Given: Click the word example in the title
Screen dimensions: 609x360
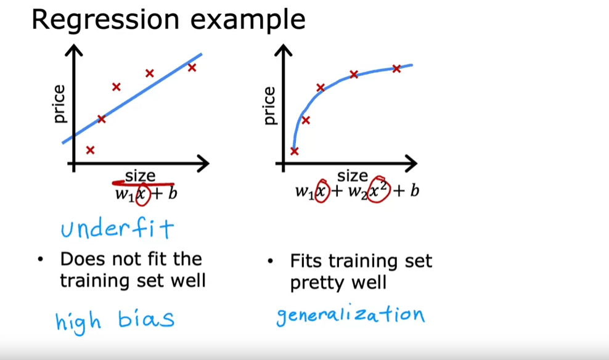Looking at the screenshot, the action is [x=248, y=20].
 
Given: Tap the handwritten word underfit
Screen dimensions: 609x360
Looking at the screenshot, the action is [x=117, y=228].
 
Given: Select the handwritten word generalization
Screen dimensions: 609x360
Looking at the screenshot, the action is [x=350, y=315].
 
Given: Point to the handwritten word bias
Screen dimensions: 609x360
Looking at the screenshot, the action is [x=146, y=319].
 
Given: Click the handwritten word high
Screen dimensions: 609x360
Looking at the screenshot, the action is [x=78, y=322].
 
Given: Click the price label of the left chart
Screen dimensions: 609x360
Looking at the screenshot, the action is [x=59, y=104].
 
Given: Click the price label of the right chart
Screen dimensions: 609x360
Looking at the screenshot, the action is [x=269, y=105].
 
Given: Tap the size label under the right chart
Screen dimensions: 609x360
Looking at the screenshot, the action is [x=353, y=176].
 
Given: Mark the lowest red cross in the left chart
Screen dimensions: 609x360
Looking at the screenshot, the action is [x=90, y=150].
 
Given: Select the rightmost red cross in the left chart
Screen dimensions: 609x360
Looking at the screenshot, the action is [x=192, y=68].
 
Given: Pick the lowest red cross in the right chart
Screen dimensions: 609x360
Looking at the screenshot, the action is [x=295, y=151].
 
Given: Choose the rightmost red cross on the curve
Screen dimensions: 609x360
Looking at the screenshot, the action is [x=396, y=69].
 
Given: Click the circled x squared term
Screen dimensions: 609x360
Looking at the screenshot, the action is [x=378, y=190].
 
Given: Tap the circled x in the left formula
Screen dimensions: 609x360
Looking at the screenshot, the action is [x=142, y=194].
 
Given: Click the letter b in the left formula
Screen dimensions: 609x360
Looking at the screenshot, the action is [x=173, y=193].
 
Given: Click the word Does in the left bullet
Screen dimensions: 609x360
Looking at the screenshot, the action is [x=83, y=259].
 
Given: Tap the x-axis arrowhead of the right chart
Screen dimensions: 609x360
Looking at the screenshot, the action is [x=411, y=163].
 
